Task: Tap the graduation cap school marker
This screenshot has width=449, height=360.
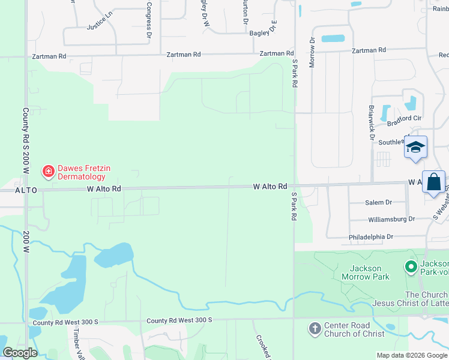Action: [x=415, y=148]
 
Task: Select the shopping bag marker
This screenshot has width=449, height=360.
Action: [x=434, y=181]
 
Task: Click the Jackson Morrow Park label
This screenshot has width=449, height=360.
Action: [x=366, y=272]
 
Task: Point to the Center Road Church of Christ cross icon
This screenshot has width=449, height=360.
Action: [x=315, y=328]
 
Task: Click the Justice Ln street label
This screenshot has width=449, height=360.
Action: [x=100, y=23]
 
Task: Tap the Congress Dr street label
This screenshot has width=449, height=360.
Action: [x=149, y=20]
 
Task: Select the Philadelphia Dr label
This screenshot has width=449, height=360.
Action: [x=372, y=238]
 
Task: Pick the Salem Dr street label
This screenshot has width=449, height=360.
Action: [x=379, y=203]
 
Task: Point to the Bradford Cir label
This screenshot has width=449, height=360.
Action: [x=405, y=122]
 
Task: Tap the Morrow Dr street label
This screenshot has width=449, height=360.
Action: [x=312, y=53]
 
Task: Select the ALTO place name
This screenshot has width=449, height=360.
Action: [x=26, y=190]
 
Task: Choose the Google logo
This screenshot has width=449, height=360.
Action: [x=20, y=353]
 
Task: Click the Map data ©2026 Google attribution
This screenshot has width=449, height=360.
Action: [x=412, y=355]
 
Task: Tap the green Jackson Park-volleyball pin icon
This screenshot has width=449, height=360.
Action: [x=411, y=266]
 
